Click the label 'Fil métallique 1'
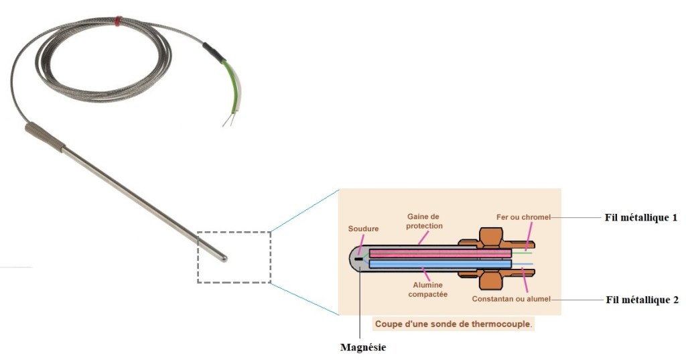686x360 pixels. click(637, 219)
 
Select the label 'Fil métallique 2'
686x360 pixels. click(637, 300)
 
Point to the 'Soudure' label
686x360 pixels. click(363, 229)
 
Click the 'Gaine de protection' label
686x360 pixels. click(425, 221)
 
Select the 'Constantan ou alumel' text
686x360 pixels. click(510, 299)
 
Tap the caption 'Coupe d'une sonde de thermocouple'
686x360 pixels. click(454, 324)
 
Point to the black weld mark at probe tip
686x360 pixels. click(359, 258)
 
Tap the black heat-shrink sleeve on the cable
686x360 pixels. click(214, 53)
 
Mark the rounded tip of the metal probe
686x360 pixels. click(223, 257)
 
